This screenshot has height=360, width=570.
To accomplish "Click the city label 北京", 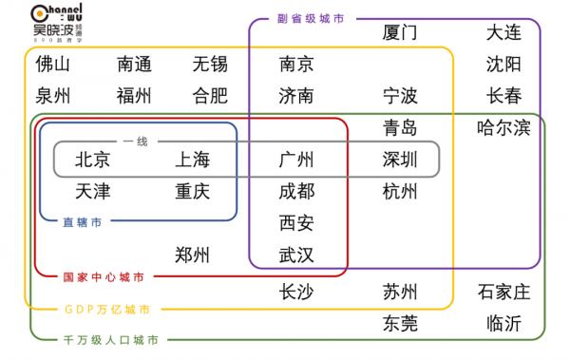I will point(92,160).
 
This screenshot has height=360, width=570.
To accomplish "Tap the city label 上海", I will point(192,160).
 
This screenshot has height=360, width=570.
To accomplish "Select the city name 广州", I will point(296,160).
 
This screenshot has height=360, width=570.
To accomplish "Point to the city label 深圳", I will point(400,160).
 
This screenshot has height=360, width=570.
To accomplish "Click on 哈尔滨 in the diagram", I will point(503,128).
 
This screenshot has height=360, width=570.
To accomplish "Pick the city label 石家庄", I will point(503,291).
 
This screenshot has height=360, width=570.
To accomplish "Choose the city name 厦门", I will point(400,32).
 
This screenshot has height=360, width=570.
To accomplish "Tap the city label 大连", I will point(503,32).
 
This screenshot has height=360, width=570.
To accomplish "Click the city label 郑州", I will point(192,255).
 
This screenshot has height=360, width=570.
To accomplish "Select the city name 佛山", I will point(53,65).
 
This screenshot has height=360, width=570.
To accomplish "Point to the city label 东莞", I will point(400,323).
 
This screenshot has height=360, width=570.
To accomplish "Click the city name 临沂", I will point(503,323).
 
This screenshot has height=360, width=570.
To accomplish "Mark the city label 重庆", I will point(192,191).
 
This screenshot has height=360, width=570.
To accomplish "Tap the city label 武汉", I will point(296,255).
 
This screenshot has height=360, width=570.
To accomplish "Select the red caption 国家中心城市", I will point(104,277).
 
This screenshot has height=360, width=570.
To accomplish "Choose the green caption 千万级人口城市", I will point(110,339).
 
